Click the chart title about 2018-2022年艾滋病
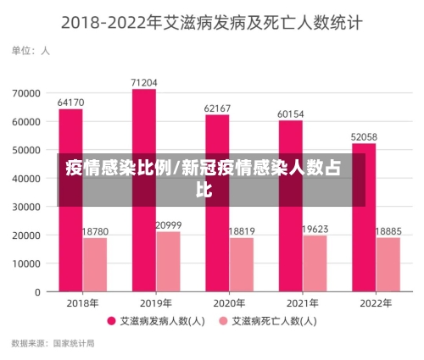[x=211, y=22]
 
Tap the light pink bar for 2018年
[x=94, y=264]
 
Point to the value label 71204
[x=144, y=82]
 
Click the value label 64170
[x=70, y=102]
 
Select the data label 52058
[x=364, y=136]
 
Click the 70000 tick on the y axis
[x=26, y=93]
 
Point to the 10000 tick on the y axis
[x=26, y=263]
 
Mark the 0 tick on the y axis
[x=37, y=292]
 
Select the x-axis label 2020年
[x=217, y=303]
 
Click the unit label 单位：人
[x=31, y=51]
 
